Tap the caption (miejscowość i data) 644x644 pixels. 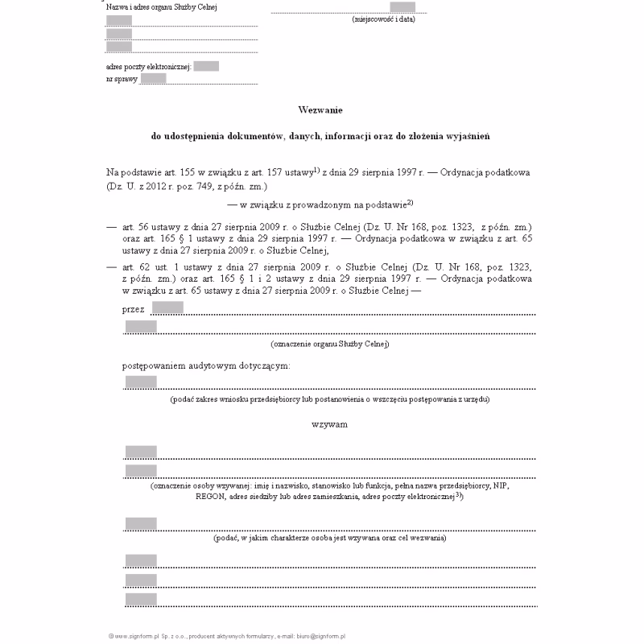(383, 19)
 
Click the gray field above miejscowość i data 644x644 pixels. (402, 7)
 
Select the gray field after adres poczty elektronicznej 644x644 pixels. (206, 66)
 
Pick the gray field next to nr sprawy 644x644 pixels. (153, 78)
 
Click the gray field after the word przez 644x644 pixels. (167, 308)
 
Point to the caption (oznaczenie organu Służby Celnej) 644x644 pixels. (330, 344)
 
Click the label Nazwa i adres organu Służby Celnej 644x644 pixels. (161, 7)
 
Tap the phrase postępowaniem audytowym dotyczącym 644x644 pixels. (206, 365)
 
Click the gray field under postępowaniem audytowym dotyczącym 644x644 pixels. (141, 382)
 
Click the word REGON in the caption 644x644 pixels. (210, 497)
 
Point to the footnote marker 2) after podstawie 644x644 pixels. (410, 202)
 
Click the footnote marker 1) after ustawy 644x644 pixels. (317, 170)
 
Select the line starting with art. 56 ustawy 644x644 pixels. (327, 228)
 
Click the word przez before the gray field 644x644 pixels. (134, 308)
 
